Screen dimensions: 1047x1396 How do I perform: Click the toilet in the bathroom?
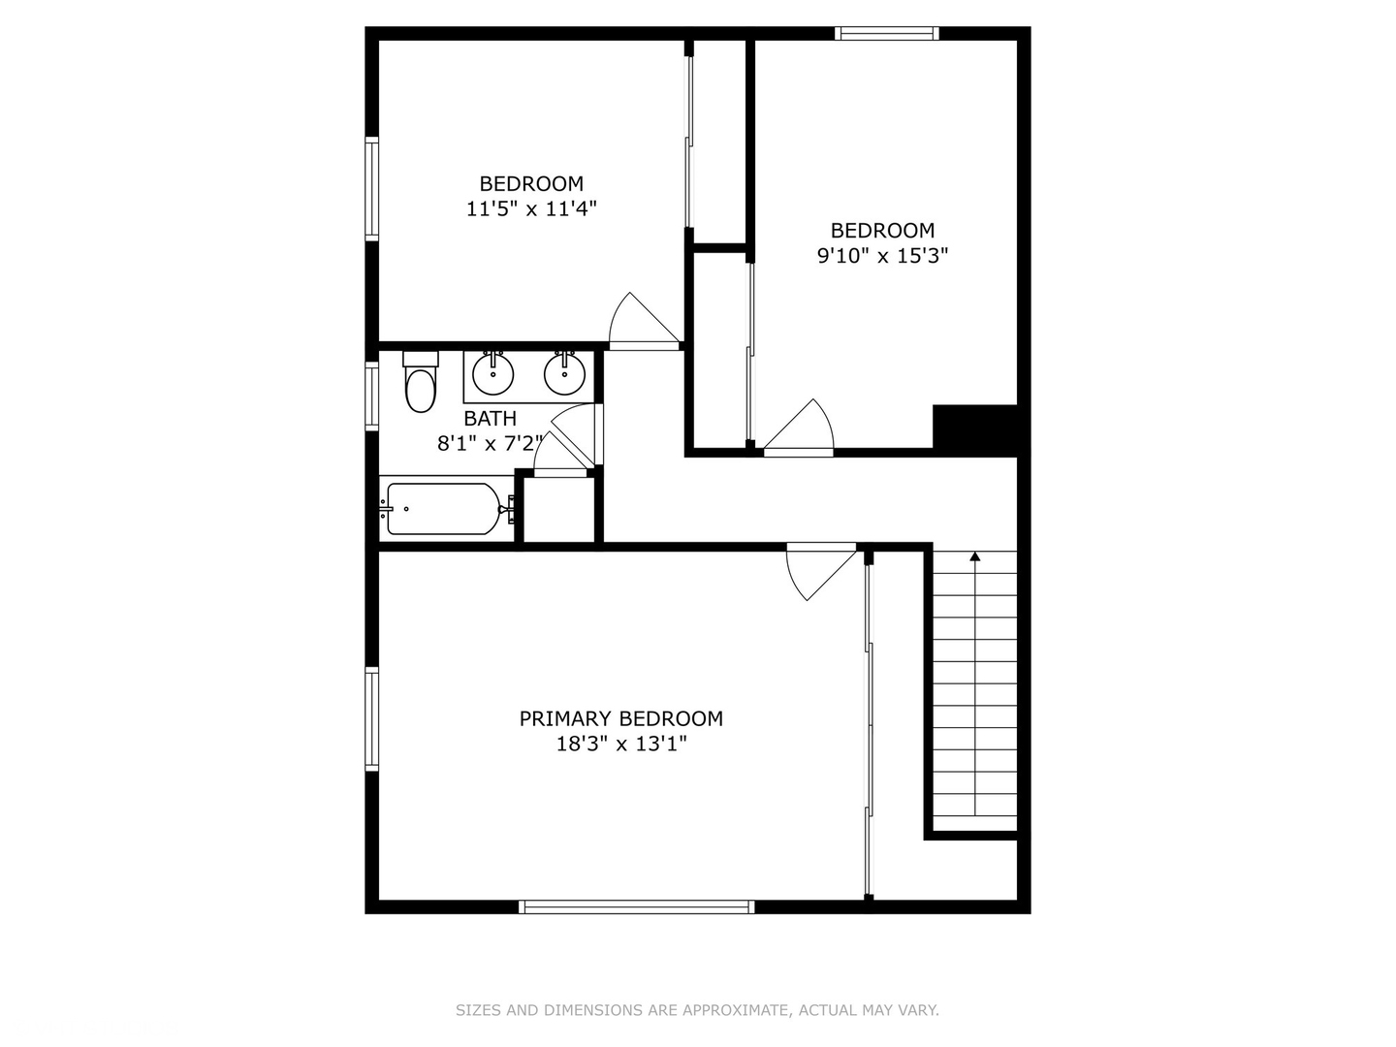click(x=420, y=387)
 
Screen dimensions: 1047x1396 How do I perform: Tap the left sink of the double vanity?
click(x=492, y=374)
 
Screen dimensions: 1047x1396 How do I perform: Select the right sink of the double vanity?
click(x=564, y=374)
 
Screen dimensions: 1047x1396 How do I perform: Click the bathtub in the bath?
click(x=444, y=508)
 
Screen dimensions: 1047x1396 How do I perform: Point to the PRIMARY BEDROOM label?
click(x=620, y=718)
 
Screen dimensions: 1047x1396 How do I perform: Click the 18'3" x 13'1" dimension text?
click(x=620, y=745)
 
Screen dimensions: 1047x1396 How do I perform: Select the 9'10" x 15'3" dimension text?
click(x=882, y=256)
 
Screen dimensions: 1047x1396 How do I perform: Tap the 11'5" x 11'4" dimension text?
click(x=531, y=208)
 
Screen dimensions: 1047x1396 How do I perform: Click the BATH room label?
click(x=490, y=419)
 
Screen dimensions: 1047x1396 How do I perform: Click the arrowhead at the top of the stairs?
click(x=975, y=556)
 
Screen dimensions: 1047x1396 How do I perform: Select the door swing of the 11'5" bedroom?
click(x=638, y=320)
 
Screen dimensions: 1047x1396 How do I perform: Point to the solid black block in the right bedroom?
click(x=974, y=428)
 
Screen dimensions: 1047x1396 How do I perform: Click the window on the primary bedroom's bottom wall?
click(x=637, y=907)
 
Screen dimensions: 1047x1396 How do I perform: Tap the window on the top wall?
click(x=887, y=34)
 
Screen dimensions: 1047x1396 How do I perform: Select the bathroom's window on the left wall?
click(x=371, y=395)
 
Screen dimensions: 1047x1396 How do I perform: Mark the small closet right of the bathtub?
click(x=559, y=509)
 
